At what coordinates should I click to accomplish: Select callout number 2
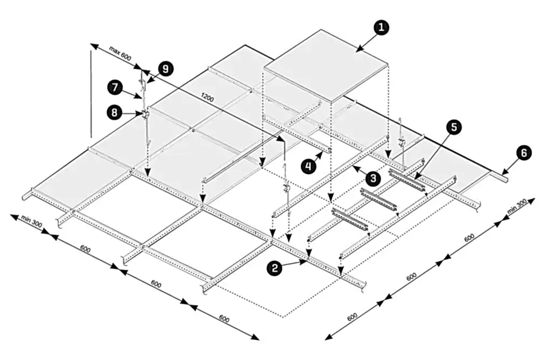pyautogui.click(x=275, y=268)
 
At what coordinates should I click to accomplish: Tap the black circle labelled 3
pyautogui.click(x=373, y=178)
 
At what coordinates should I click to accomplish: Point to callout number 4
pyautogui.click(x=308, y=166)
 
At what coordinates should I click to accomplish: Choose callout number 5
pyautogui.click(x=453, y=127)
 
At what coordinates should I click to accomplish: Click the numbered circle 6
pyautogui.click(x=523, y=153)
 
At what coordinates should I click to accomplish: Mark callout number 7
pyautogui.click(x=115, y=87)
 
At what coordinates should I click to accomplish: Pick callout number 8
pyautogui.click(x=115, y=112)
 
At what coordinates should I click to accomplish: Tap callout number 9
pyautogui.click(x=165, y=69)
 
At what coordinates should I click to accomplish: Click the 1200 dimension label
pyautogui.click(x=207, y=97)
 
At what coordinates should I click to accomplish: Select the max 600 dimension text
pyautogui.click(x=120, y=53)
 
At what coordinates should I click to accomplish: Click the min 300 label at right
pyautogui.click(x=517, y=208)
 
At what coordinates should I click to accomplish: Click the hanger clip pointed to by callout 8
pyautogui.click(x=144, y=114)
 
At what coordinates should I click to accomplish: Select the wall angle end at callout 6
pyautogui.click(x=501, y=177)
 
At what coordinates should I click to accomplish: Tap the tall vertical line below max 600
pyautogui.click(x=91, y=94)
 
